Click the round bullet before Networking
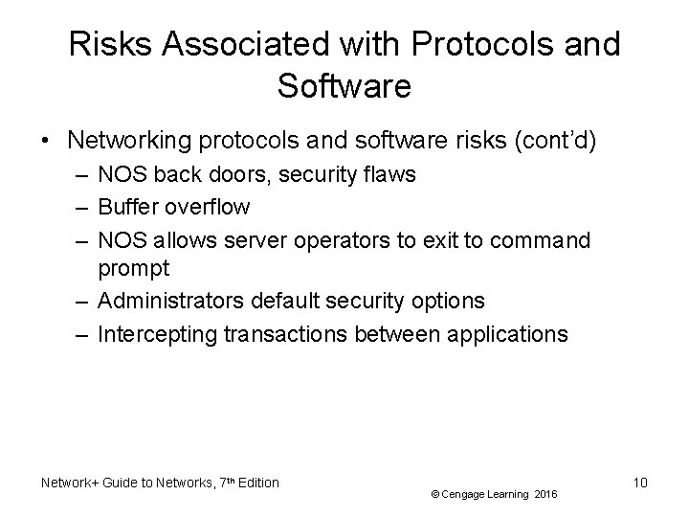coord(45,141)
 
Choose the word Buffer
coord(130,206)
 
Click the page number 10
coord(640,483)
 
